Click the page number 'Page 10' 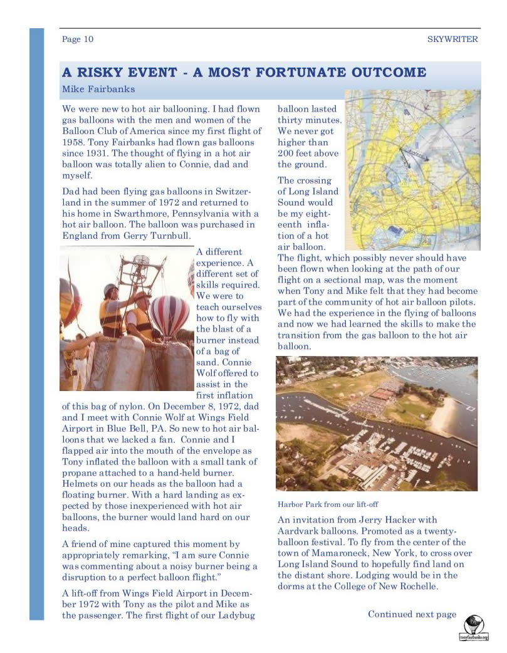pyautogui.click(x=78, y=39)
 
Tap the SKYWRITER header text pyautogui.click(x=452, y=39)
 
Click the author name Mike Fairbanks pyautogui.click(x=98, y=89)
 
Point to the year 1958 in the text pyautogui.click(x=75, y=142)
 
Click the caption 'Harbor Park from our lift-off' pyautogui.click(x=328, y=504)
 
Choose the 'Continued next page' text pyautogui.click(x=412, y=614)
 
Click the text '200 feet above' pyautogui.click(x=308, y=154)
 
